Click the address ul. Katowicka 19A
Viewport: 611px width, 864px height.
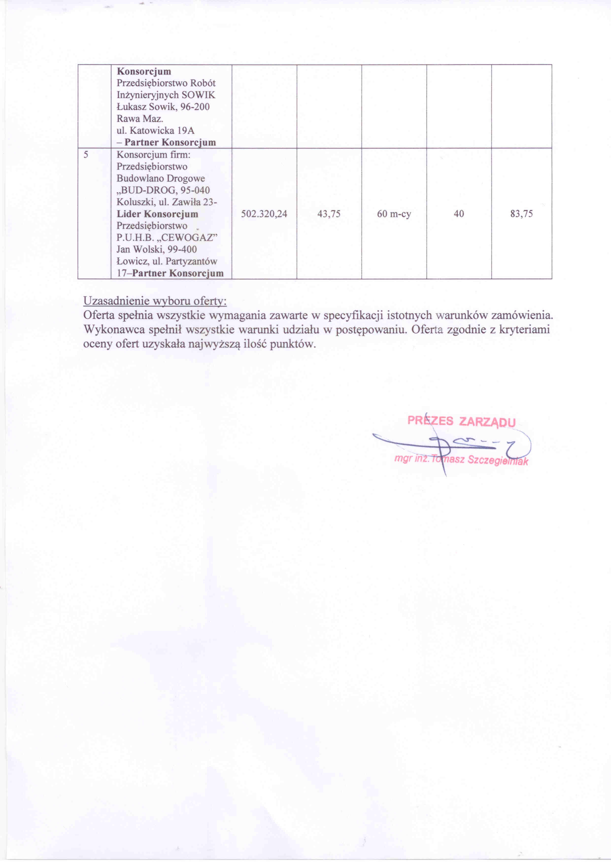(155, 131)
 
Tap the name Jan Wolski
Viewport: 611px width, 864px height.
(136, 249)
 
